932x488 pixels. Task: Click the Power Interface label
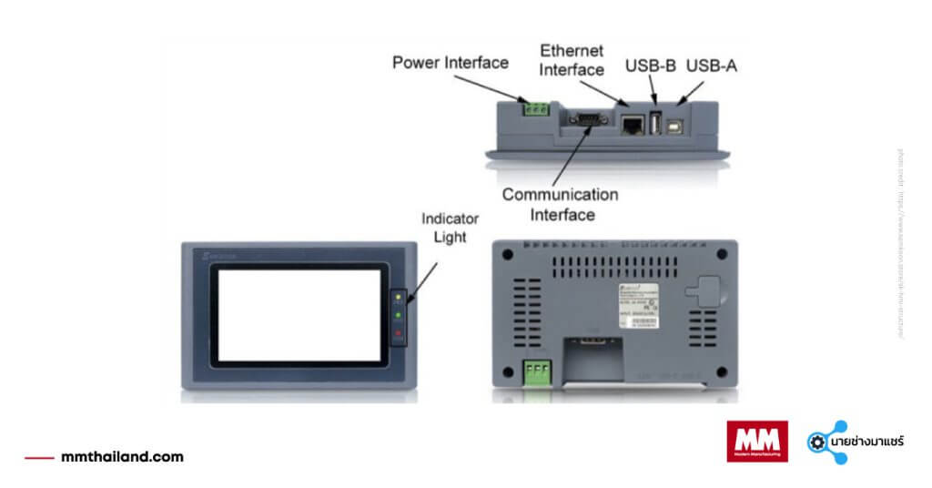click(x=451, y=63)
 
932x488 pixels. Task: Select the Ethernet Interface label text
click(x=571, y=59)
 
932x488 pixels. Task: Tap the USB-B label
click(x=650, y=66)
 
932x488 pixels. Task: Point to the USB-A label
click(x=711, y=66)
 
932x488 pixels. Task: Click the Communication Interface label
click(x=560, y=205)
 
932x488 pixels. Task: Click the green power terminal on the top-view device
click(x=535, y=108)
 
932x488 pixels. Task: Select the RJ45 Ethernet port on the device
click(x=631, y=125)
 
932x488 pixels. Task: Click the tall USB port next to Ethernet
click(x=655, y=122)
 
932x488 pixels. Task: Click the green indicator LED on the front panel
click(x=398, y=315)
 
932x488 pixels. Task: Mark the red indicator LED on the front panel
click(x=398, y=334)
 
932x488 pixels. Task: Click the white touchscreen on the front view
click(x=299, y=315)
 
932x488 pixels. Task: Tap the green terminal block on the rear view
click(x=538, y=373)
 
